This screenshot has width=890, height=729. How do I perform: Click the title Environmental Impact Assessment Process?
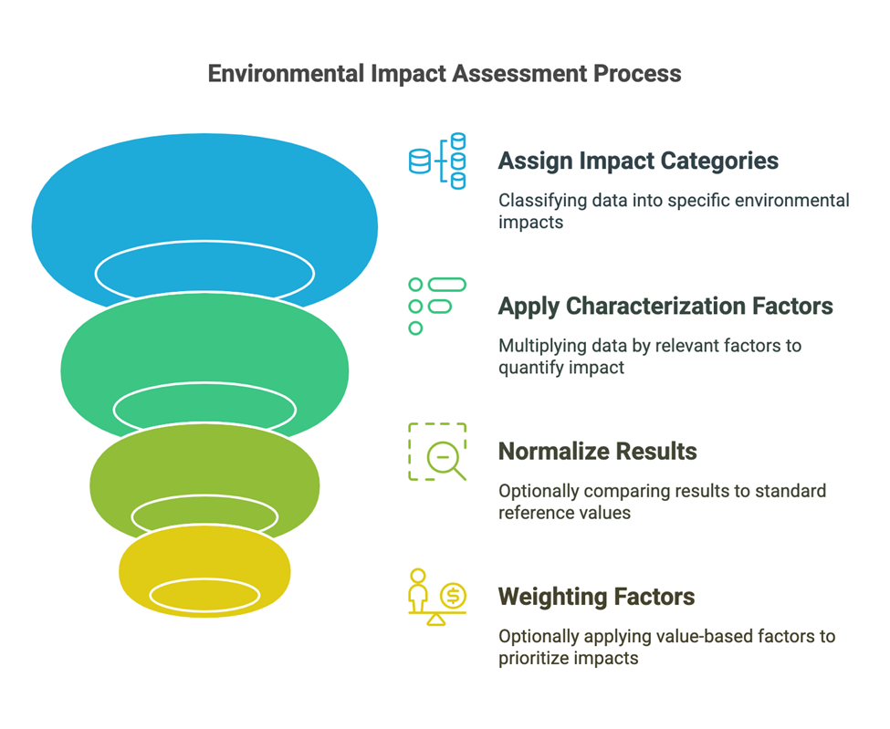pos(445,73)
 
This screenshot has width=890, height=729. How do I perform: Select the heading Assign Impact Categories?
pos(638,161)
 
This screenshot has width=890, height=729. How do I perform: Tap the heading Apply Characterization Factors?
pos(665,307)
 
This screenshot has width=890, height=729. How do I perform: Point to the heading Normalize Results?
pos(597,452)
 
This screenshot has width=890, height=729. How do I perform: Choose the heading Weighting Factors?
pos(596,598)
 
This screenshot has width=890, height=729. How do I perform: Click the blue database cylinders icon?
pos(437,161)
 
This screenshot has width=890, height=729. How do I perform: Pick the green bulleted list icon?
pos(436,306)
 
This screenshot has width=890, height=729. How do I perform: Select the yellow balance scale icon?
pos(436,598)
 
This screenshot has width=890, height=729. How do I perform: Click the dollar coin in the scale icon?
pos(453,596)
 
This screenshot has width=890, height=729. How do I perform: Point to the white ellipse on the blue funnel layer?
pos(204,271)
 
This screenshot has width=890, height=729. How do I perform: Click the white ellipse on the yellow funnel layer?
pos(205,595)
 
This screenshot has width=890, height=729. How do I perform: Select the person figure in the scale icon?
pos(418,591)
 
